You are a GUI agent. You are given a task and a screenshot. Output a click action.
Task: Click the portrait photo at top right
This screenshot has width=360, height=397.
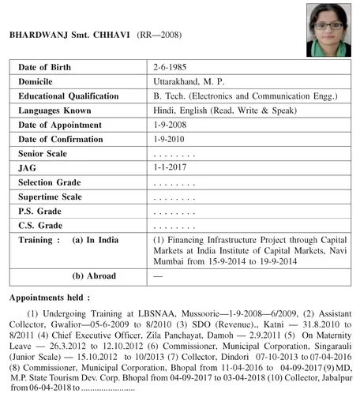pos(323,25)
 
